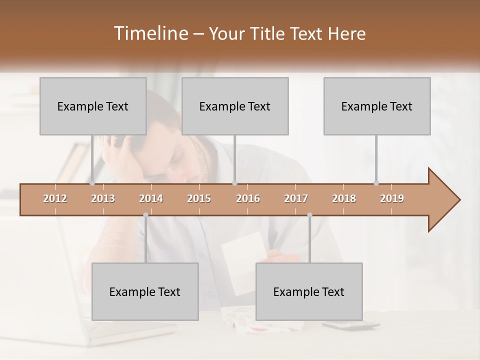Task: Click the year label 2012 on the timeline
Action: [x=55, y=198]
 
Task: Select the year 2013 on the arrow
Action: [x=103, y=198]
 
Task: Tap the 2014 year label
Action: [x=151, y=198]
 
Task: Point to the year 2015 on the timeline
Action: [x=199, y=198]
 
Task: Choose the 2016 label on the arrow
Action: [x=248, y=198]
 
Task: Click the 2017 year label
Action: [x=296, y=198]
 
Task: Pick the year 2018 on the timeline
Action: [x=344, y=198]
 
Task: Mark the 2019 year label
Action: [x=392, y=198]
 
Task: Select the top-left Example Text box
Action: [x=93, y=106]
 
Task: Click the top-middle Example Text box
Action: [x=235, y=106]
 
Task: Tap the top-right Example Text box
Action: [x=377, y=106]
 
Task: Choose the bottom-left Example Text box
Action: [x=145, y=291]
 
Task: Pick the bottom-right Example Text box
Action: [x=309, y=291]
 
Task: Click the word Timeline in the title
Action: [x=150, y=33]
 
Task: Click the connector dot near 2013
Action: [x=92, y=183]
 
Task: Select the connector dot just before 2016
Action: [x=234, y=183]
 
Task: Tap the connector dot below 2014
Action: [x=145, y=215]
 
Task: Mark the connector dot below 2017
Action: [x=309, y=215]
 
